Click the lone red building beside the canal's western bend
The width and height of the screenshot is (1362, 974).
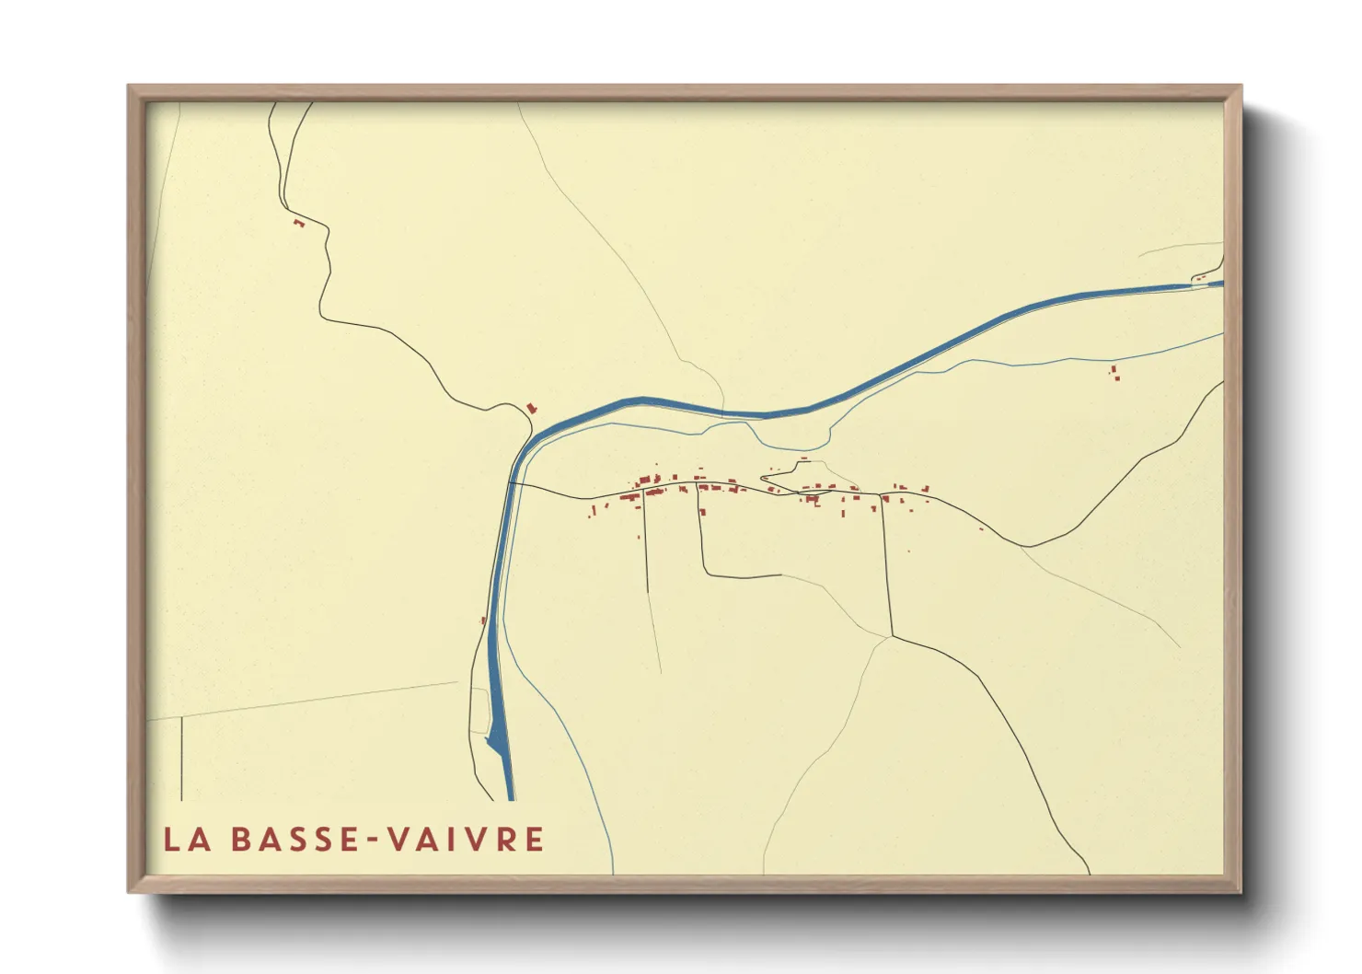click(x=531, y=408)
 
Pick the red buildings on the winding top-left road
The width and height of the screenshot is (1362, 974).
click(x=298, y=223)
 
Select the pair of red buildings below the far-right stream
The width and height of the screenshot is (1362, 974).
click(x=1115, y=373)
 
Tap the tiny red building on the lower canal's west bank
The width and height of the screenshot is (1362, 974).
click(x=483, y=620)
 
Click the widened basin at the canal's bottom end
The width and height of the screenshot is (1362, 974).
click(x=498, y=736)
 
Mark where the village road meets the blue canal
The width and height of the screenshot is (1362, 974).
click(x=511, y=482)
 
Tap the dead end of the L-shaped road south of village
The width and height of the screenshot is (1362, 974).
click(x=780, y=574)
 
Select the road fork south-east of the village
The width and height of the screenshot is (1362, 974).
click(x=891, y=635)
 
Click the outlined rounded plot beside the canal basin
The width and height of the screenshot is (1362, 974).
click(x=479, y=710)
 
